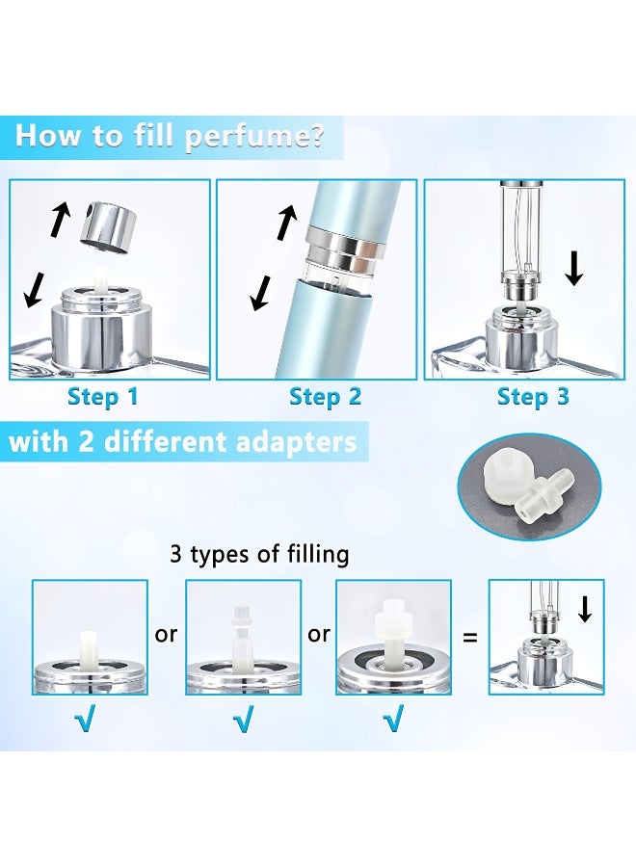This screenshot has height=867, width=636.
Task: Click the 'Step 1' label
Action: pos(102,397)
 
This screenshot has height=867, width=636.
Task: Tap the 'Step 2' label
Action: pos(325,397)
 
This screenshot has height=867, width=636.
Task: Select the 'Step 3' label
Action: pos(533,397)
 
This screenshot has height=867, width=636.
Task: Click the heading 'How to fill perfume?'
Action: pos(169,136)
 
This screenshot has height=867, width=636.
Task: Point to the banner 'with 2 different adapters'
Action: pos(182,442)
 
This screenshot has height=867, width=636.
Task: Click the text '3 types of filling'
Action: pos(259,554)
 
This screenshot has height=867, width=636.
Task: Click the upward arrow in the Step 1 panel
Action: pos(61,219)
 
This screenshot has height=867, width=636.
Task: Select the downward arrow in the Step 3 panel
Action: pos(575,267)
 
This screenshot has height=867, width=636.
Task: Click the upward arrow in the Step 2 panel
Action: pos(286,223)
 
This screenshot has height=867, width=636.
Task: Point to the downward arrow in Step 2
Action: pos(260,293)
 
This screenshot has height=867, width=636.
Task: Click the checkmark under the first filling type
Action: pos(85,719)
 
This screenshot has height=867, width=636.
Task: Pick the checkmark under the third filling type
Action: pos(392,719)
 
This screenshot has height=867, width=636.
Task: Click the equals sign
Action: pos(469,638)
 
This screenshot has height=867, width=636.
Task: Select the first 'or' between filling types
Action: pos(166,635)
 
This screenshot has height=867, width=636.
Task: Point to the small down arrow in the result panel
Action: pos(585,608)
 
